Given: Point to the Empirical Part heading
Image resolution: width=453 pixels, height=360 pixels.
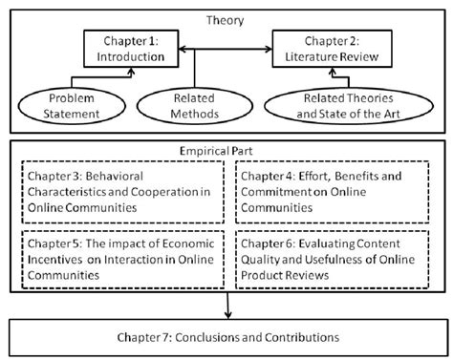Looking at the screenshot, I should (226, 151).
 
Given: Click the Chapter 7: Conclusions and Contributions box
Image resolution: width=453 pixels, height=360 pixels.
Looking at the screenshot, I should (226, 337).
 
